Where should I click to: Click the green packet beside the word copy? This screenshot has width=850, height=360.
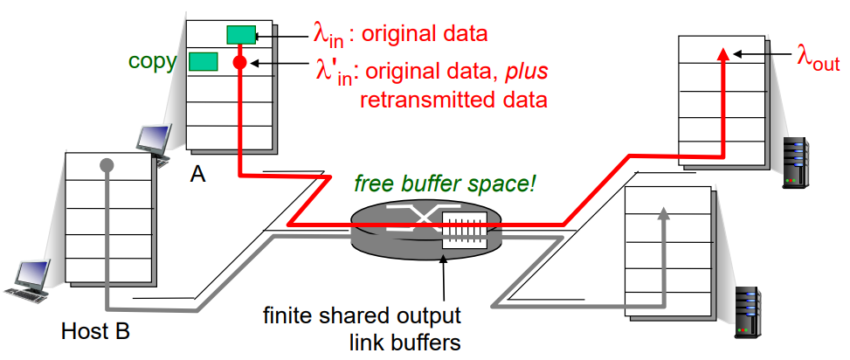(x=203, y=61)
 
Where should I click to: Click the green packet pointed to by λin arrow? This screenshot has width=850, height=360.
(x=240, y=34)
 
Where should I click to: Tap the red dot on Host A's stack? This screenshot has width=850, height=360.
(x=240, y=63)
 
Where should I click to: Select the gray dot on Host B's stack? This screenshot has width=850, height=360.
(x=107, y=164)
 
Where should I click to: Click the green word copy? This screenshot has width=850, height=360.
(x=152, y=61)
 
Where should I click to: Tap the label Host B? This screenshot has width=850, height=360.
(x=95, y=331)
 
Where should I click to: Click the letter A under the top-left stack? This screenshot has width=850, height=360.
(x=198, y=175)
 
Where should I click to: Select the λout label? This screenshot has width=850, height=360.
(x=817, y=58)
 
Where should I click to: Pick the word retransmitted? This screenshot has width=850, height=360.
(x=417, y=98)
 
